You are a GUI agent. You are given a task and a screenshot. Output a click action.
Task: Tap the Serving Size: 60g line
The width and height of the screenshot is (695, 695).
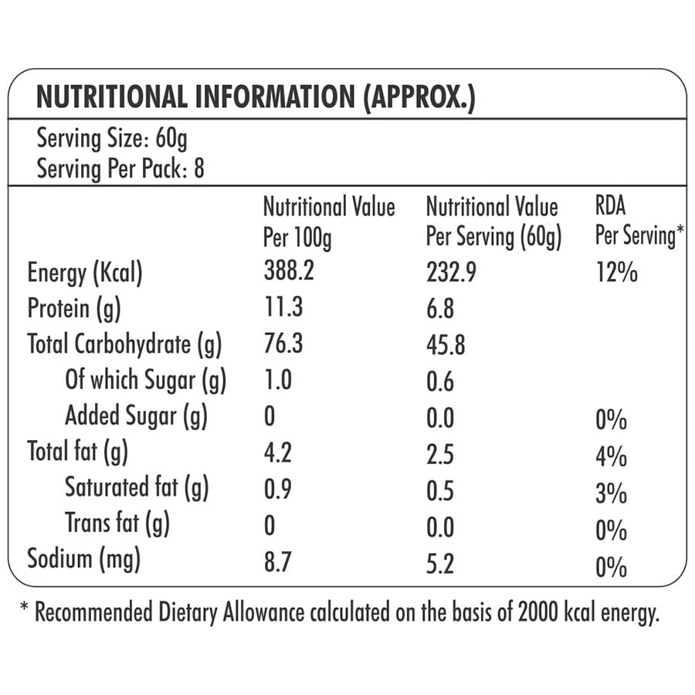click(112, 139)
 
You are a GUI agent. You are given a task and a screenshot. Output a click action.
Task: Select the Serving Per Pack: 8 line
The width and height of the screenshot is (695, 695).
click(120, 168)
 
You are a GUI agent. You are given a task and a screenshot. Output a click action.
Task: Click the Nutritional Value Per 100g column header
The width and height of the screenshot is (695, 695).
click(328, 222)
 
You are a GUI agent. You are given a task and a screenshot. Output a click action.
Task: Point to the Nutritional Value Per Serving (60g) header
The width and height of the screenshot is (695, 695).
click(493, 222)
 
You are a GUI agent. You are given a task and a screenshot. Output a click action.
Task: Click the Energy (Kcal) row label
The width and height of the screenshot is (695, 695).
click(85, 273)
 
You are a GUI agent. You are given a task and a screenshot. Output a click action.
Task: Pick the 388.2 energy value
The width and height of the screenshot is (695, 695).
click(290, 273)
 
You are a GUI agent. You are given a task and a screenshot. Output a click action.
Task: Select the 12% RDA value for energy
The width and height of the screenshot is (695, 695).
click(616, 273)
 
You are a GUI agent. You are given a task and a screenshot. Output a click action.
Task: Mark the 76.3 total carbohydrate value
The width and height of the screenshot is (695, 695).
click(283, 344)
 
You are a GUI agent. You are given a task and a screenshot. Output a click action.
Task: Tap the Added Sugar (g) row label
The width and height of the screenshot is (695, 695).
click(136, 416)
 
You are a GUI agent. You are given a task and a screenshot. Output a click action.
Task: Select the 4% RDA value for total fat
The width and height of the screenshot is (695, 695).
click(611, 456)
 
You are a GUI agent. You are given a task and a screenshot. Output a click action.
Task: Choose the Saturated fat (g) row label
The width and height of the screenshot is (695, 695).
click(137, 488)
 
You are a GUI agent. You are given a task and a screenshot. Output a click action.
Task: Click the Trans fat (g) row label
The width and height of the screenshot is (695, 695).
click(117, 524)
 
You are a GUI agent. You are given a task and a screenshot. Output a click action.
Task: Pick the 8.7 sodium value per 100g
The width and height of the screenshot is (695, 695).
click(278, 562)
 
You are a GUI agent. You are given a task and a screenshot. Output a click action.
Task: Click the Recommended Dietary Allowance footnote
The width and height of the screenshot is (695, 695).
click(340, 614)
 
